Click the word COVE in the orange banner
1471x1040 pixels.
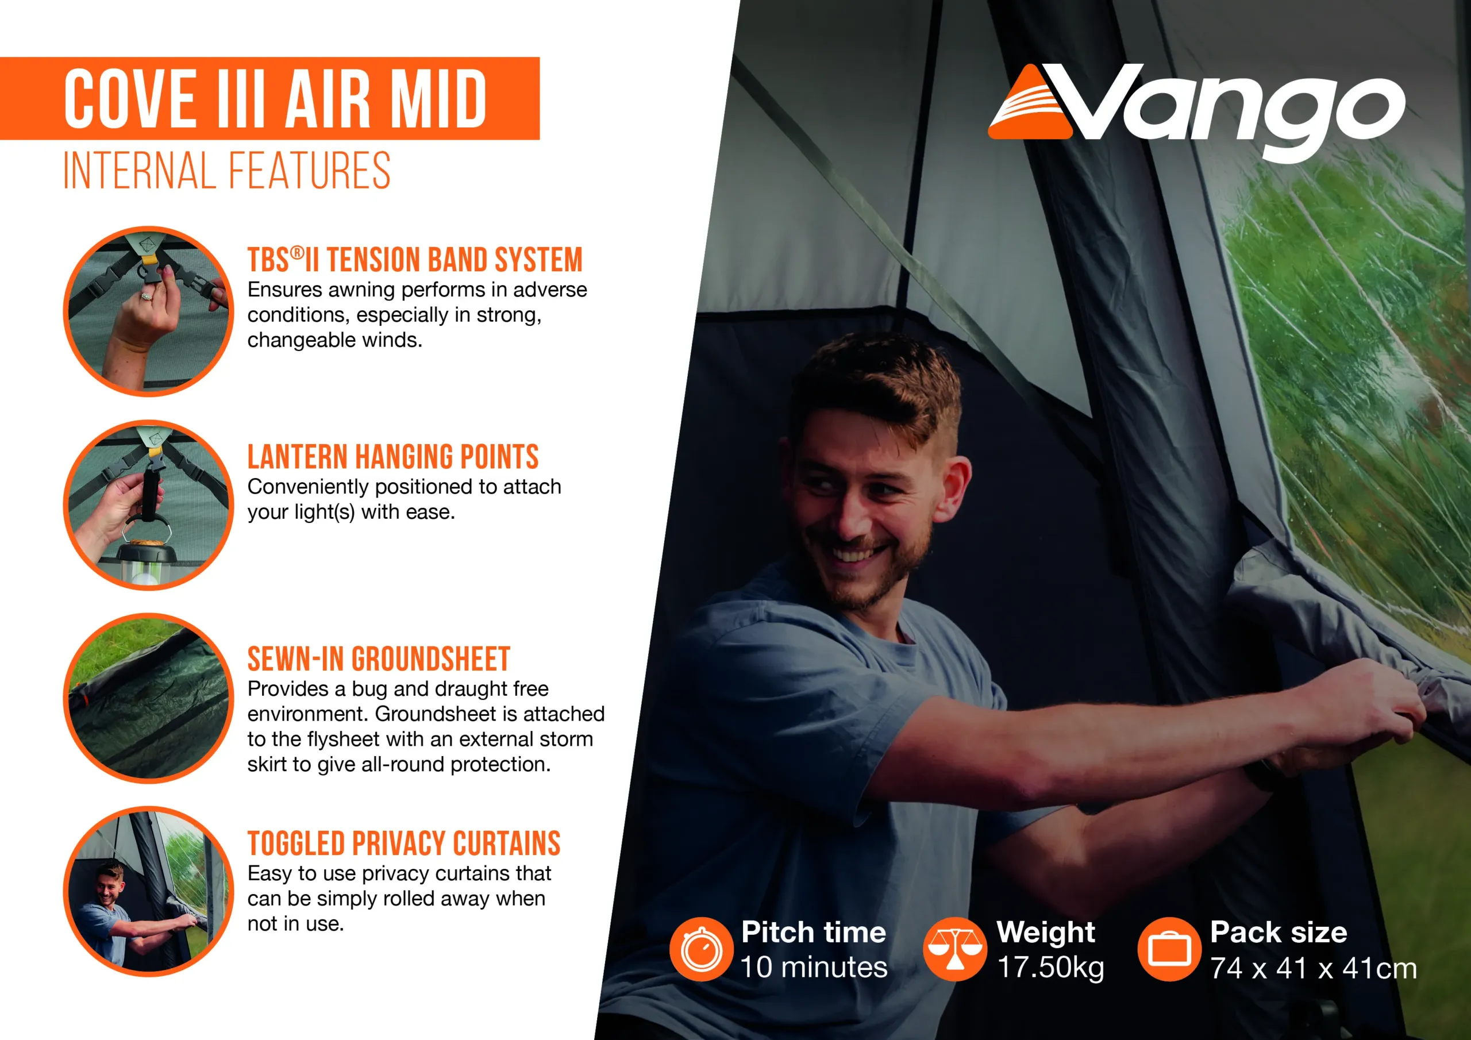[x=130, y=99]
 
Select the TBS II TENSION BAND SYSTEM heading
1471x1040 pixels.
[x=415, y=260]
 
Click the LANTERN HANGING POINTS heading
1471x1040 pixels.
[x=392, y=457]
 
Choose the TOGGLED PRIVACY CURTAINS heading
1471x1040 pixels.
[x=403, y=843]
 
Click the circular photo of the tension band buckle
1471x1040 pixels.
[x=149, y=311]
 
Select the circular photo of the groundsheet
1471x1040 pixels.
[x=149, y=699]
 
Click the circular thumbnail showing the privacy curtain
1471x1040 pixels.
[x=149, y=891]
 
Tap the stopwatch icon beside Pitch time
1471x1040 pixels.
[x=701, y=949]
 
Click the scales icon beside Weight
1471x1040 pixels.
[x=954, y=949]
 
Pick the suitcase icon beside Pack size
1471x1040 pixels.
[x=1169, y=949]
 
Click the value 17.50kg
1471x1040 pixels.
[x=1051, y=967]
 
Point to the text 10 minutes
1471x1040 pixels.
[x=814, y=966]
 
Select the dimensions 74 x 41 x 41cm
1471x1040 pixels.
[x=1314, y=968]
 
